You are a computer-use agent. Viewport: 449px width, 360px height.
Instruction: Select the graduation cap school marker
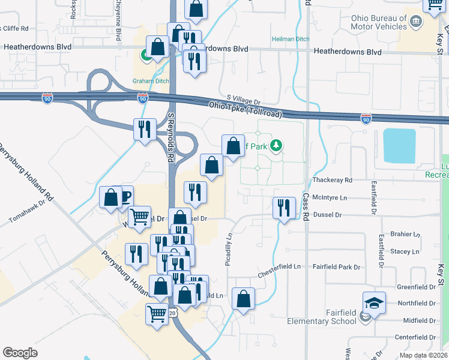(x=374, y=303)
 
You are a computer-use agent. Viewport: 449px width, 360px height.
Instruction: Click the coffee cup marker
(x=125, y=196)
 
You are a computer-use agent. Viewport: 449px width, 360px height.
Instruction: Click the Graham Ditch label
(x=150, y=82)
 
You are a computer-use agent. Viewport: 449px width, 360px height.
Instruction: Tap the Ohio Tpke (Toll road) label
(x=246, y=108)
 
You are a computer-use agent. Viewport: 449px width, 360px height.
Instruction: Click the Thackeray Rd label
(x=332, y=180)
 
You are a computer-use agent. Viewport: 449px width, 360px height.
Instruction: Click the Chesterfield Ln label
(x=280, y=267)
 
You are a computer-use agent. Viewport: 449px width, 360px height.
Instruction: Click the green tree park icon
(x=276, y=145)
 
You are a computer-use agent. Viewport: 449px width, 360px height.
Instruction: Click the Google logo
(x=20, y=353)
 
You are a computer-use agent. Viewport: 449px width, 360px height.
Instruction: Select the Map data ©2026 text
(x=423, y=355)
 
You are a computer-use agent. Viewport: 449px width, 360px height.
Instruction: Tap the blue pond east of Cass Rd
(x=399, y=146)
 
